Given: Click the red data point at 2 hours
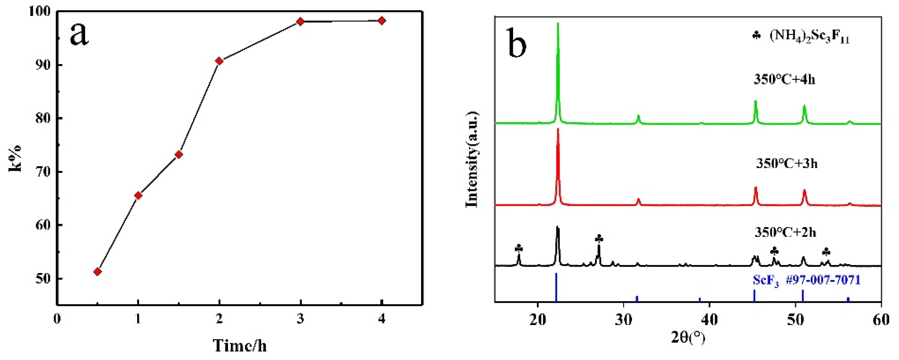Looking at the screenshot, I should (219, 61).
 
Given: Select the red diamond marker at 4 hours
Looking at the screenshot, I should (382, 21).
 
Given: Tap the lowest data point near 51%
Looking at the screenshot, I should (98, 271).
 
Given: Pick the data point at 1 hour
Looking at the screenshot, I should (138, 195).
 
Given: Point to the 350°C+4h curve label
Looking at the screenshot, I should (784, 80).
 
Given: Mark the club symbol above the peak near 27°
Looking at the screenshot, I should (599, 239).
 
